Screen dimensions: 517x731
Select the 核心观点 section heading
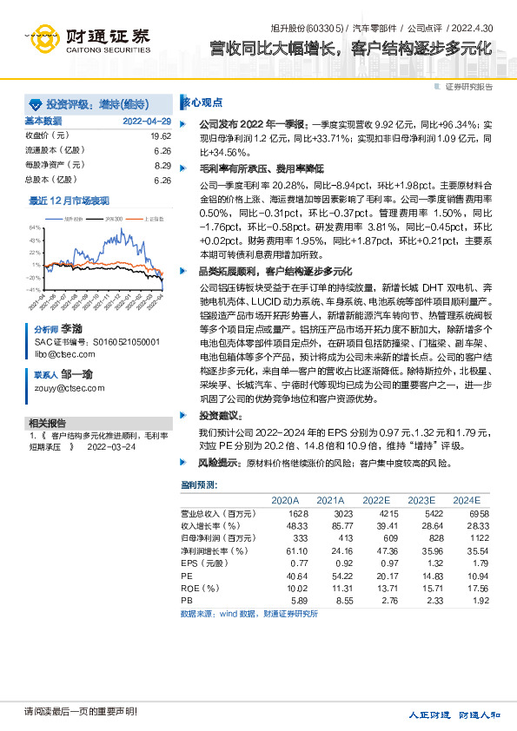[x=202, y=101]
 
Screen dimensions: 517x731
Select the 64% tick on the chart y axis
[x=35, y=227]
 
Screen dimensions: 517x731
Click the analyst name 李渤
[x=71, y=331]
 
